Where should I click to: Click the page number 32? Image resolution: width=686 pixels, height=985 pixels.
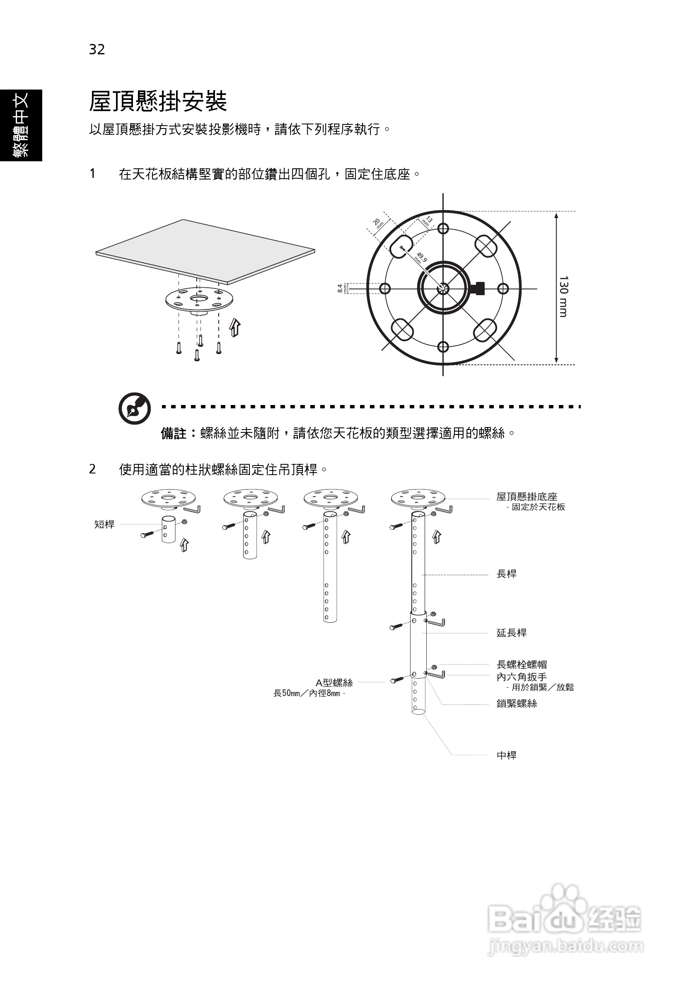click(x=97, y=50)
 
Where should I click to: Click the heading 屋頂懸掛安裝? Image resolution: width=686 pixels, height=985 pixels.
click(x=158, y=102)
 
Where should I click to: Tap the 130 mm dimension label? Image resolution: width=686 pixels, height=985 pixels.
click(x=563, y=296)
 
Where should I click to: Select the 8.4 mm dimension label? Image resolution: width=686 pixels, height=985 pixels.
click(x=341, y=288)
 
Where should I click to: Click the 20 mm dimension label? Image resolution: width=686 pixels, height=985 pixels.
click(x=378, y=223)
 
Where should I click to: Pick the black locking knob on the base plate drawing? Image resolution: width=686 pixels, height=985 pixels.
click(x=478, y=288)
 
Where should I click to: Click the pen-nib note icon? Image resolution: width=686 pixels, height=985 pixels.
click(x=135, y=408)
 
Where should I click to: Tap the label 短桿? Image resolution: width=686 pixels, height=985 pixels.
click(x=104, y=524)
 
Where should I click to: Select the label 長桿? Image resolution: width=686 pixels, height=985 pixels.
click(x=506, y=574)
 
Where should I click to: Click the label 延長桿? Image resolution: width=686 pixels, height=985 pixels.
click(x=512, y=633)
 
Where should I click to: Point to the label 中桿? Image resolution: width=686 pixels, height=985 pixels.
click(x=506, y=755)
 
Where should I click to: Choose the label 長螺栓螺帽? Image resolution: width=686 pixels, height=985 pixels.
click(x=522, y=665)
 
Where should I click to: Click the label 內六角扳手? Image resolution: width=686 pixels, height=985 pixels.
click(x=522, y=677)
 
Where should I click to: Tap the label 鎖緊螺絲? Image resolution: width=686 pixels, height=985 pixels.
click(x=516, y=704)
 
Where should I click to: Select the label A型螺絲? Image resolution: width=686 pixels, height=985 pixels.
click(x=334, y=682)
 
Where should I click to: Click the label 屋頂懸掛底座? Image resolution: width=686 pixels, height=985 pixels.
click(x=527, y=497)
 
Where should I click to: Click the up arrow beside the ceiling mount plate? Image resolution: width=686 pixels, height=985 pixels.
click(x=234, y=328)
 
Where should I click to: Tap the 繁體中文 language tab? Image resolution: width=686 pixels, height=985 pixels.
click(x=21, y=125)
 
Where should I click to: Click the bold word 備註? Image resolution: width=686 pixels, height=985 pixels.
click(x=174, y=434)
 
